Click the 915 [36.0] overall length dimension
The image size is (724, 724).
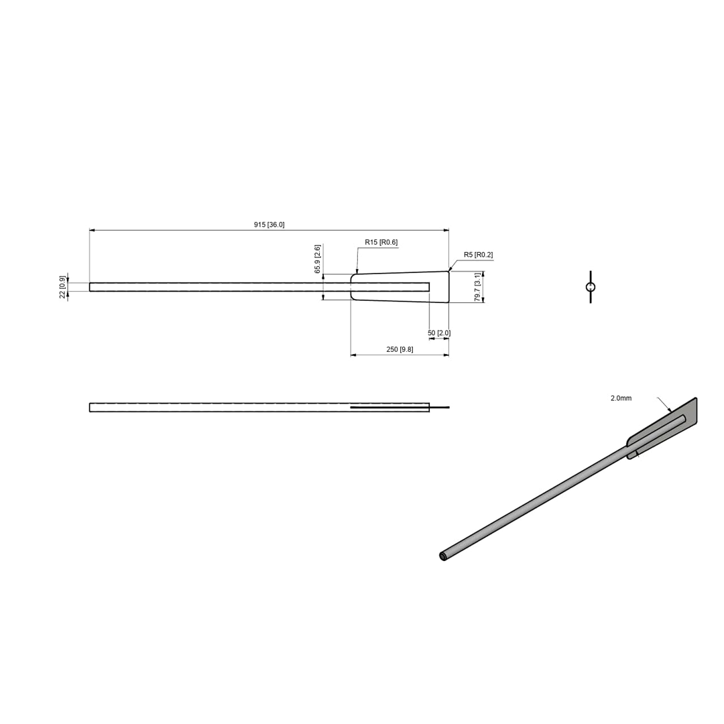coord(269,225)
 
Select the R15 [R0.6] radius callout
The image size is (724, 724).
coord(381,242)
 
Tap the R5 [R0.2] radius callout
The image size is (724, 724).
coord(478,255)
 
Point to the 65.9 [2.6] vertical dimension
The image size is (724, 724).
coord(318,259)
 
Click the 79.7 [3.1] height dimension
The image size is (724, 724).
coord(478,287)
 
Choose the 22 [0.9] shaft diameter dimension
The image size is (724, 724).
coord(62,287)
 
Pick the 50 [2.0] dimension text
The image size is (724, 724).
coord(439,333)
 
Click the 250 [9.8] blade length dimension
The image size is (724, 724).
coord(400,349)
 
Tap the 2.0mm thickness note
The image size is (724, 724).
coord(621,398)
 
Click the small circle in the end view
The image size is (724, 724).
coord(590,288)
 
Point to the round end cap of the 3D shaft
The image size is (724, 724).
coord(443,556)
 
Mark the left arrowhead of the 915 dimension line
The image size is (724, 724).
coord(92,230)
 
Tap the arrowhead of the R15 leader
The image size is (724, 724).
coord(357,271)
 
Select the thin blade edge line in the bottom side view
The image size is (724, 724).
coord(402,407)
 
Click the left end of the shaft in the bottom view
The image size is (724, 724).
coord(90,407)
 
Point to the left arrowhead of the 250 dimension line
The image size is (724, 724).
coord(353,355)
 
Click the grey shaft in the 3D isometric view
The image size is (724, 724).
coord(536,503)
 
